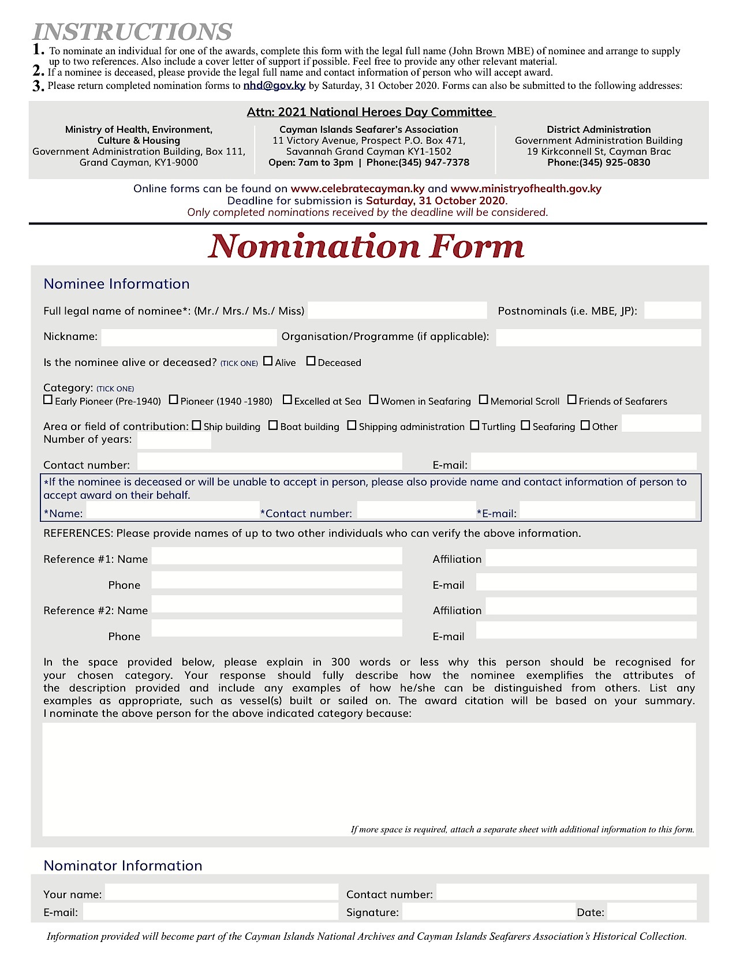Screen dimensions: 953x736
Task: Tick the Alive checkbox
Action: click(268, 361)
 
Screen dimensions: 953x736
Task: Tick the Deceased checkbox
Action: click(311, 361)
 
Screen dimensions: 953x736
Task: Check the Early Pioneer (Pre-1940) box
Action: click(48, 399)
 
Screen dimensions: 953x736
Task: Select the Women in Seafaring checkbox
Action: click(373, 399)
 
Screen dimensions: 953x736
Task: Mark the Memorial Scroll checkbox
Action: click(484, 399)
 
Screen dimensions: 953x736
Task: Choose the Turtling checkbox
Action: click(475, 425)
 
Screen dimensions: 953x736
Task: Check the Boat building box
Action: click(273, 425)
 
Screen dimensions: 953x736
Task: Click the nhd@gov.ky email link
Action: click(274, 85)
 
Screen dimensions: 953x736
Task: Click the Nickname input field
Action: click(189, 338)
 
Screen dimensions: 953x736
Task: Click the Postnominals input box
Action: click(673, 311)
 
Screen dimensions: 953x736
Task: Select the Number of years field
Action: click(174, 441)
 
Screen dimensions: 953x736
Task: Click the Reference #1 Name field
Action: click(277, 556)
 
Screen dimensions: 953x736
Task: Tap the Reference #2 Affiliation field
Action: click(591, 607)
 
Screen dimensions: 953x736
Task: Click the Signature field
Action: click(488, 912)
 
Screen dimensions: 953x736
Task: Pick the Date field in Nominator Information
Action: click(652, 912)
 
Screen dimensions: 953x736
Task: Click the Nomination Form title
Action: click(367, 246)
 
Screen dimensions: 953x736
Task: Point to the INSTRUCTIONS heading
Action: click(132, 31)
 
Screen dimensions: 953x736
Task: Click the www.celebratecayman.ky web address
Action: click(357, 189)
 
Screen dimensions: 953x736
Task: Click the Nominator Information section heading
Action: click(123, 865)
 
